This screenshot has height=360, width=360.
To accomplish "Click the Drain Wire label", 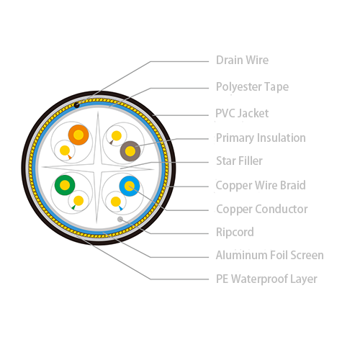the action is (242, 60).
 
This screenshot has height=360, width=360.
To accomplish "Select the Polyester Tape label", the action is (252, 87).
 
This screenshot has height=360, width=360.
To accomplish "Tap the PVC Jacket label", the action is (242, 113).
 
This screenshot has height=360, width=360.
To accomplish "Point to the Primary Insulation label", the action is (261, 138).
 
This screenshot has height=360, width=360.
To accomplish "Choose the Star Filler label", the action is (239, 161).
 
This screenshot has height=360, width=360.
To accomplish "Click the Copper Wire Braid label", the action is (261, 185).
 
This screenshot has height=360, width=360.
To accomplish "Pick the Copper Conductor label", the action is (262, 209).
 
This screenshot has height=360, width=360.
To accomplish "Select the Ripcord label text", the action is (235, 232).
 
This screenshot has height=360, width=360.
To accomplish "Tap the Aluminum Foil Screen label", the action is (270, 255).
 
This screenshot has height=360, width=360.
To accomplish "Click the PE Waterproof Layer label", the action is (266, 279).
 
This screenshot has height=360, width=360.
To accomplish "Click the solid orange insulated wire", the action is (78, 135).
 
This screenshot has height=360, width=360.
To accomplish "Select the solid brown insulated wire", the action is (130, 151).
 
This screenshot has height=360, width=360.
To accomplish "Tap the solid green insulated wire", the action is (65, 185).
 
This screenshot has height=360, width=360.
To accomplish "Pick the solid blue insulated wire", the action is (130, 186).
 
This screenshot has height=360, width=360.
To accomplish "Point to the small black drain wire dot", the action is (76, 105).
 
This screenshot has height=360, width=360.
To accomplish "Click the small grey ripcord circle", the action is (120, 219).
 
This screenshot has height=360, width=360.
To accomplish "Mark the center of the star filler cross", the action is (97, 168).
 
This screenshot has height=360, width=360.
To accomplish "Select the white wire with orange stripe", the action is (65, 150).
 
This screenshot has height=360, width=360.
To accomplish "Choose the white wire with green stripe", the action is (78, 201).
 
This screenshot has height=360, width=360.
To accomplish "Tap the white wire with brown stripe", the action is (117, 136).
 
